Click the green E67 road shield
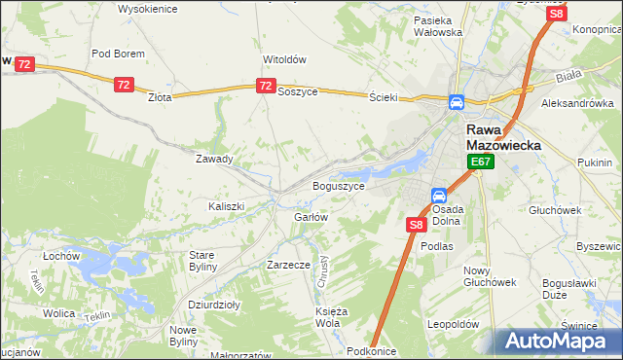(480, 162)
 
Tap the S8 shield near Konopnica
(556, 14)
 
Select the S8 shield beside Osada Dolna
(416, 225)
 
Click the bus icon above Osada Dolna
(439, 196)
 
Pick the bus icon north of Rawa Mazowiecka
(456, 103)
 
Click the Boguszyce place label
(339, 185)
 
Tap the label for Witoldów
(284, 58)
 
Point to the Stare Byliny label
(208, 260)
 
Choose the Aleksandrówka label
(577, 102)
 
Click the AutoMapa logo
(559, 341)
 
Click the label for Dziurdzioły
(214, 304)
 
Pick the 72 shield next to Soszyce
(267, 87)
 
